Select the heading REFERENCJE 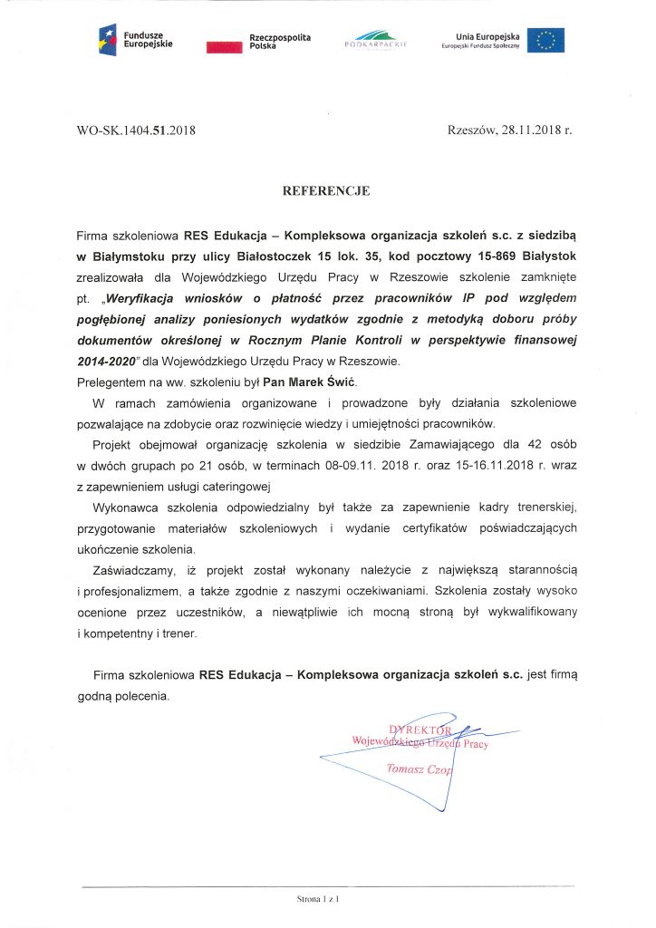[x=327, y=191]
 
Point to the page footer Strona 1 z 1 [x=317, y=900]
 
